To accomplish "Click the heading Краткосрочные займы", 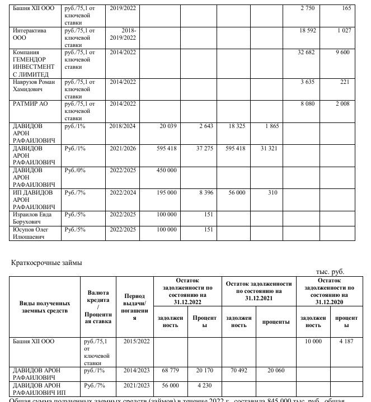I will (47, 262).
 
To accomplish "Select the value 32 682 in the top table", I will (309, 52).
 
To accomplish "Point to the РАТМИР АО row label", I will (29, 103).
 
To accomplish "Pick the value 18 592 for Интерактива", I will (309, 30).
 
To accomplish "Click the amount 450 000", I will (165, 171).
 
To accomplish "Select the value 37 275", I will (203, 148).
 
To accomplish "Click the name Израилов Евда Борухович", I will (33, 218).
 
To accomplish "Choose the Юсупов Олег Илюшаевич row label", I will (33, 233).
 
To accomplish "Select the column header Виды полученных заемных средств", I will (45, 306).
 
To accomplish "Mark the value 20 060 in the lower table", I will (276, 370).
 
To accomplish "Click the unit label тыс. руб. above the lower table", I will (330, 272).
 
